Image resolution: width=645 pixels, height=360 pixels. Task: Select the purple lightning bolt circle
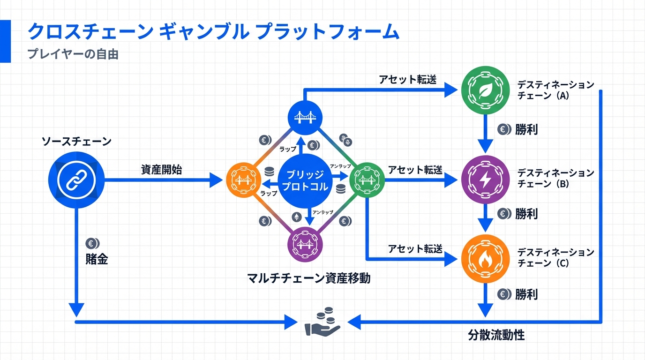tap(484, 179)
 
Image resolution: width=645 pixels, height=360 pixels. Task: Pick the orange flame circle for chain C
tap(484, 259)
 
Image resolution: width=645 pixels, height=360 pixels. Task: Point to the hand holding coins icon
tap(323, 322)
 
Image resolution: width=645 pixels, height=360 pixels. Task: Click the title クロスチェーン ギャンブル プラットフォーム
tap(213, 32)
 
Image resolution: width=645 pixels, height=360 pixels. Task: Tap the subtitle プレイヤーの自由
tap(73, 54)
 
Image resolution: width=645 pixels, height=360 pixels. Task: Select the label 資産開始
tap(161, 169)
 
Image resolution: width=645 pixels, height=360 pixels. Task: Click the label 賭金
tap(97, 259)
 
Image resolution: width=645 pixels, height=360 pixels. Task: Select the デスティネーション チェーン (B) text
tap(555, 179)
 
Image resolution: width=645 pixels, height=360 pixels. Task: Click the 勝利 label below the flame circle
tap(526, 294)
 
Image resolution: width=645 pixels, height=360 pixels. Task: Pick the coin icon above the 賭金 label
tap(92, 243)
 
